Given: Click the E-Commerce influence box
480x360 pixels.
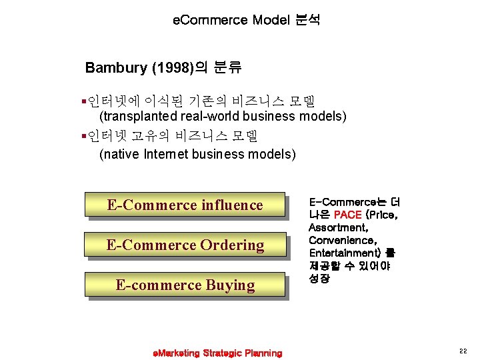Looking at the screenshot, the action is click(x=185, y=205).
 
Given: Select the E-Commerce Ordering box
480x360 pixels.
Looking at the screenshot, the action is click(x=185, y=245).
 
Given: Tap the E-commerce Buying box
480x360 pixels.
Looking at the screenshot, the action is click(x=185, y=285).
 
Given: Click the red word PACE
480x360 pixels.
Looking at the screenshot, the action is click(x=347, y=215).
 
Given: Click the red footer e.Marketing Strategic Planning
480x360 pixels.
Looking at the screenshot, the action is click(x=217, y=353).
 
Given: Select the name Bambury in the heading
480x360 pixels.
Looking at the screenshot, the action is click(x=110, y=67).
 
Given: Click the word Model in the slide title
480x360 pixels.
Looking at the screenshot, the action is click(x=271, y=20).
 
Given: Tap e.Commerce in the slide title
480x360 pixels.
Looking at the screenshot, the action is click(x=210, y=20).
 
